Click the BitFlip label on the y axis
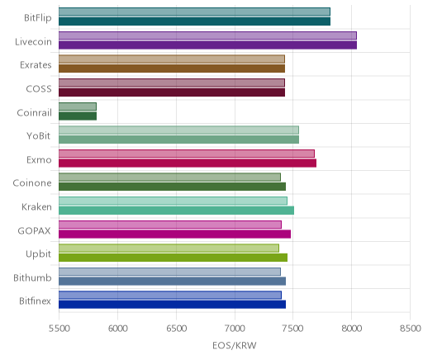click(38, 18)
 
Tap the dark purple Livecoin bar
click(207, 45)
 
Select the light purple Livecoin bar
click(207, 36)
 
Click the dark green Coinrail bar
click(78, 116)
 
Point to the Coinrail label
click(35, 112)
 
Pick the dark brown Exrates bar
click(172, 69)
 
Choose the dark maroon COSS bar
click(172, 92)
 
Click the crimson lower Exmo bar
click(188, 163)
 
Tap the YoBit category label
click(39, 136)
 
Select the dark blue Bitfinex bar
click(172, 305)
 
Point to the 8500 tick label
click(411, 329)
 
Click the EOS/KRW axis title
click(235, 345)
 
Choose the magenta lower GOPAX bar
click(174, 234)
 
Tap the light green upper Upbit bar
click(169, 248)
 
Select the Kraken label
click(36, 206)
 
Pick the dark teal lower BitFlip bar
click(194, 21)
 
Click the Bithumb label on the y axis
click(32, 277)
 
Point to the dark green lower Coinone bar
click(172, 187)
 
